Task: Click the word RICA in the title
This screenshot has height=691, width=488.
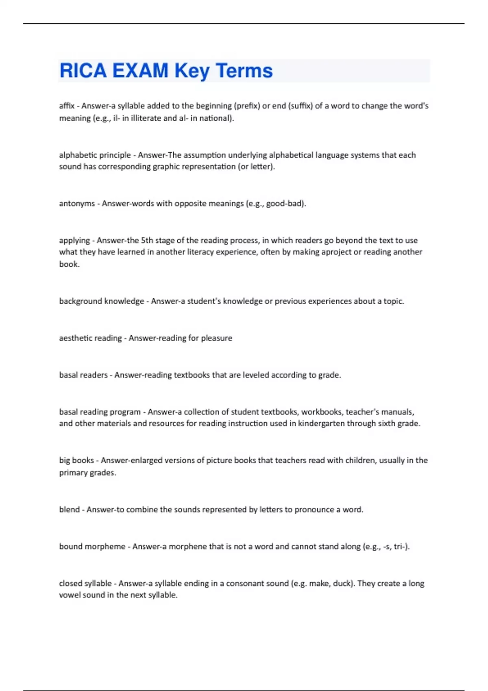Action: (83, 71)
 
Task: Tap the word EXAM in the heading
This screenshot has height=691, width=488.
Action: (140, 71)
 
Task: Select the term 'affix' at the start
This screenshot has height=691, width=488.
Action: (67, 106)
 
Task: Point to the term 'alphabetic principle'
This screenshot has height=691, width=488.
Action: (95, 155)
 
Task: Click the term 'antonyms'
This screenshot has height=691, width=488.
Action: (77, 203)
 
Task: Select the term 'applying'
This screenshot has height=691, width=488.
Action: (74, 240)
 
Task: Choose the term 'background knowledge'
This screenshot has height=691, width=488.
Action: (101, 301)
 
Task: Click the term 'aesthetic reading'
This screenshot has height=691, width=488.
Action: (90, 338)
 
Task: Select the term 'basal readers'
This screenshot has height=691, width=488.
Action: (83, 375)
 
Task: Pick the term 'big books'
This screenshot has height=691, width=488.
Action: (76, 461)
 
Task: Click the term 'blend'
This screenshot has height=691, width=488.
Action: (69, 510)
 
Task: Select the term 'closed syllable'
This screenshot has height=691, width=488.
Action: (85, 583)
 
